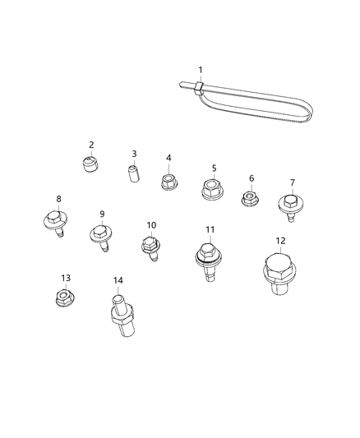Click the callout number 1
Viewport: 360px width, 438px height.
tap(199, 69)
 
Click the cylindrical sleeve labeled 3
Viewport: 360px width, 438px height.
tap(134, 175)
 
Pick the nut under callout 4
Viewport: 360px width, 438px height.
tap(168, 180)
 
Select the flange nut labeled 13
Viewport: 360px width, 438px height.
tap(64, 297)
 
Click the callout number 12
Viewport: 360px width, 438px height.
tap(280, 241)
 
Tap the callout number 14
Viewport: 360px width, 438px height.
tap(118, 280)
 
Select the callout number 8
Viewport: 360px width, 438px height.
tap(58, 199)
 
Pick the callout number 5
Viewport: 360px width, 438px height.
tap(214, 168)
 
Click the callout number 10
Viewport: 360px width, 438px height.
tap(151, 225)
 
